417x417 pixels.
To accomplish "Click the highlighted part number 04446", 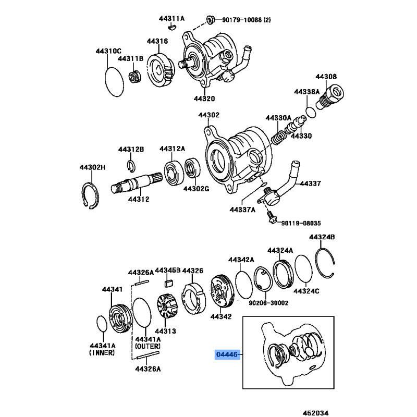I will [x=227, y=355].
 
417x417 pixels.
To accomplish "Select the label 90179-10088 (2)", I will [x=247, y=20].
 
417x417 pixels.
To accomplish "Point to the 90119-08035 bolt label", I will [x=301, y=223].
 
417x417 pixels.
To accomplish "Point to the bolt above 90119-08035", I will [x=271, y=217].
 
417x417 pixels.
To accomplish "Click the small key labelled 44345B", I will [x=168, y=284].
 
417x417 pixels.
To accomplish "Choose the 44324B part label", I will [x=322, y=237].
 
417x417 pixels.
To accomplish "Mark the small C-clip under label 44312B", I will [x=132, y=166].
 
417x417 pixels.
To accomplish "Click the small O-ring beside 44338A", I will [x=311, y=112].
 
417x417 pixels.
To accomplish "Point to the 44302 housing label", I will [x=208, y=115].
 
